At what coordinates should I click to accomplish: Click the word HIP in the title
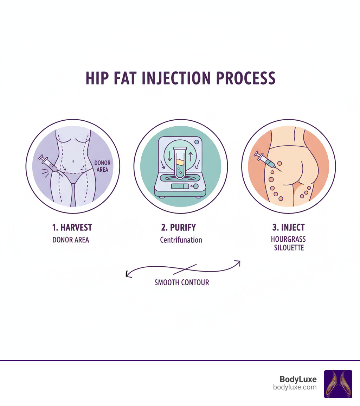pyautogui.click(x=98, y=78)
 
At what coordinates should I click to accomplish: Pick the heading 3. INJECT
pyautogui.click(x=288, y=227)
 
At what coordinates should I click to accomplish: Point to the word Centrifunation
pyautogui.click(x=181, y=240)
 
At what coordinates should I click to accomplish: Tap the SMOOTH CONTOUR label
pyautogui.click(x=182, y=282)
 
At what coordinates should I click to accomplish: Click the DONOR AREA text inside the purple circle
pyautogui.click(x=102, y=166)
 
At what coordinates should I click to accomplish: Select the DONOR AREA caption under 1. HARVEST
pyautogui.click(x=71, y=240)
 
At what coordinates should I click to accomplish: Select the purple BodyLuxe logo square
pyautogui.click(x=338, y=384)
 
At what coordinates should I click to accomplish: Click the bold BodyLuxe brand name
pyautogui.click(x=298, y=379)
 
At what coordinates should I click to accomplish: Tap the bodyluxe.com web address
pyautogui.click(x=295, y=387)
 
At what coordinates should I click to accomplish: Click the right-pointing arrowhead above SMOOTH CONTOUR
pyautogui.click(x=238, y=262)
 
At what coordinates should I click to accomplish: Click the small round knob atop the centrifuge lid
pyautogui.click(x=196, y=142)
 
